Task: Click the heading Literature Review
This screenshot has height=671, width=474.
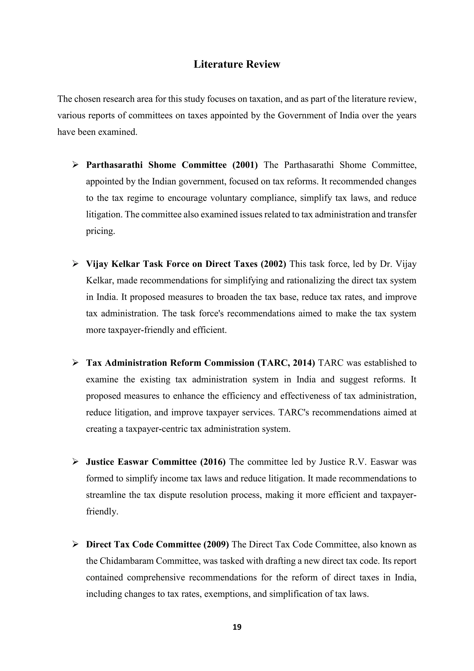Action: point(237,64)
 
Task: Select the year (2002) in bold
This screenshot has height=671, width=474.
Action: point(274,264)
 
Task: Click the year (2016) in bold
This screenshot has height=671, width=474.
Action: point(213,462)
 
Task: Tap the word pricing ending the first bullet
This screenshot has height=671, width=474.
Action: point(100,231)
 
